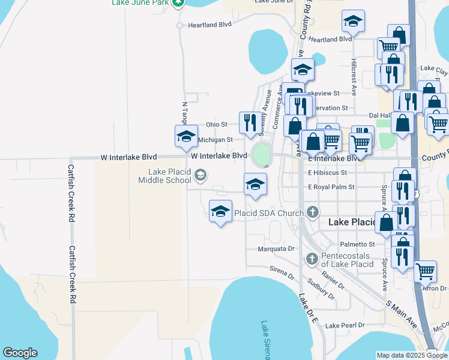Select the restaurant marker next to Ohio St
tap(249, 122)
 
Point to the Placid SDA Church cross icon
tap(312, 212)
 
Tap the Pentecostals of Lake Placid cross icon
tap(311, 259)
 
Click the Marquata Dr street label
tap(277, 248)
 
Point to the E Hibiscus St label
tap(327, 173)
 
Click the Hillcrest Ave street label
tap(354, 77)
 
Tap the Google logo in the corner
tap(20, 353)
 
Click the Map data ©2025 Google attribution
tap(412, 355)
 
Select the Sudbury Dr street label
tap(321, 287)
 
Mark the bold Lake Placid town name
tap(351, 222)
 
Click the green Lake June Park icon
tap(178, 3)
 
